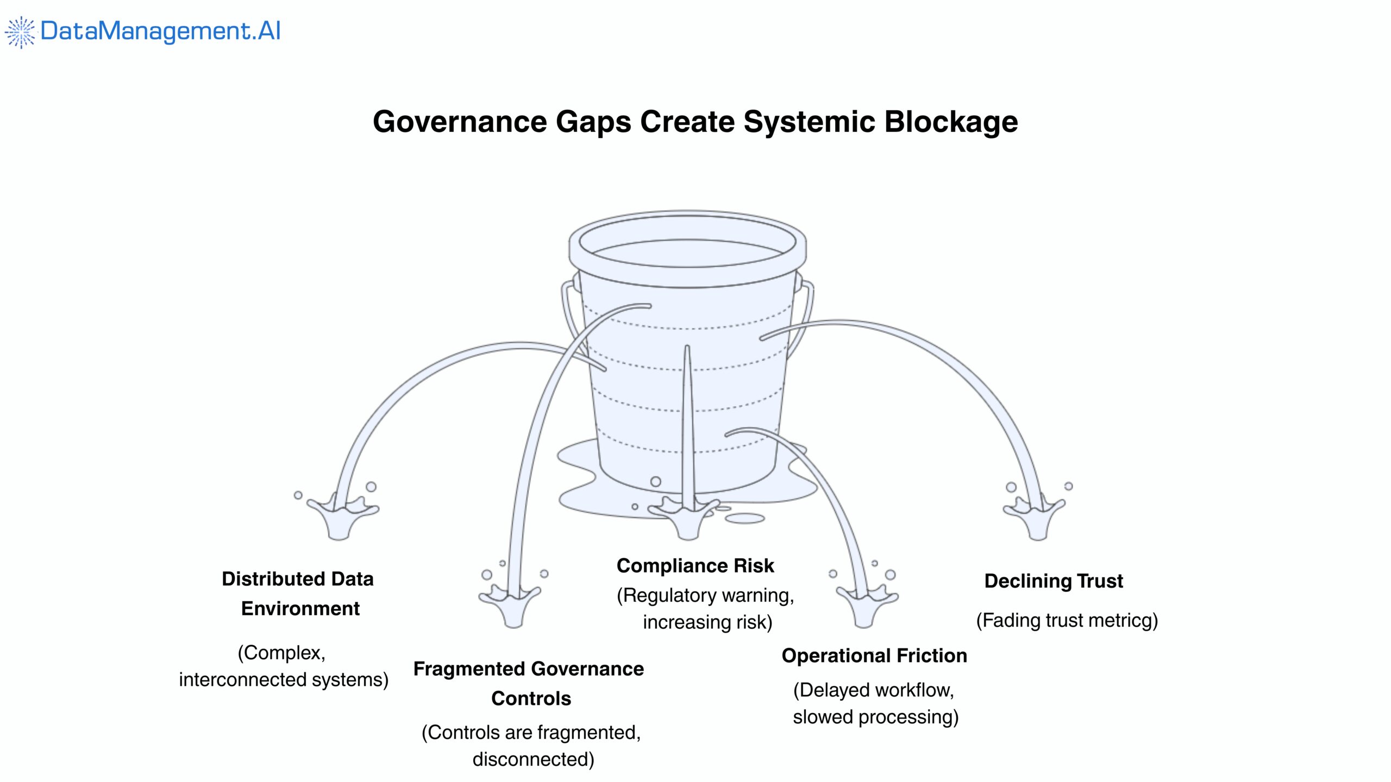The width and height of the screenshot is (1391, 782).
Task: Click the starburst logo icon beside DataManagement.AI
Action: point(20,32)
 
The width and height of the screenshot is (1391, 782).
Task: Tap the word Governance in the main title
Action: point(460,122)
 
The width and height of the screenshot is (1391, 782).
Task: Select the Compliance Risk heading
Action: point(695,566)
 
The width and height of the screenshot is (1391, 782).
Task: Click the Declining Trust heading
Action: point(1053,581)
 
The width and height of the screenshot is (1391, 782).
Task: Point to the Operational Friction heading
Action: point(874,655)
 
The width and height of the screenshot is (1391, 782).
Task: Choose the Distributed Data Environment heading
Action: point(298,594)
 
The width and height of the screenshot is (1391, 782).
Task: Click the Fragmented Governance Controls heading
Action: point(529,683)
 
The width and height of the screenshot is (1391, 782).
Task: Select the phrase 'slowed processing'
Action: point(875,717)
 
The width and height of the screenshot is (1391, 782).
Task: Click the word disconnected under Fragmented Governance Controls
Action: point(533,759)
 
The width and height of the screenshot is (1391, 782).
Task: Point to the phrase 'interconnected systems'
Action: point(283,679)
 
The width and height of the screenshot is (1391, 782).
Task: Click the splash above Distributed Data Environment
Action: point(341,516)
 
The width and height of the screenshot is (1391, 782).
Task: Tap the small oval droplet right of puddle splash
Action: point(744,519)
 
